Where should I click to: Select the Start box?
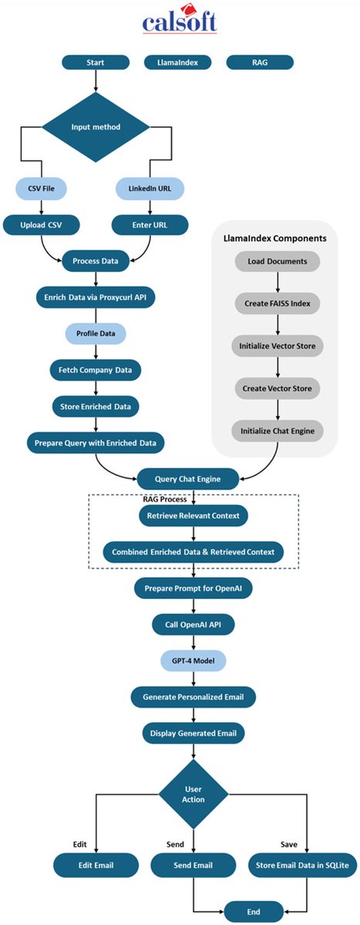tap(96, 62)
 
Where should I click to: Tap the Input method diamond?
tap(96, 126)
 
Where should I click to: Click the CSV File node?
tap(42, 188)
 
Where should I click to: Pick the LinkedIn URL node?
tap(150, 188)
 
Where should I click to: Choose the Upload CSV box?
tap(42, 225)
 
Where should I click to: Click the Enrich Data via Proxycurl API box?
tap(96, 298)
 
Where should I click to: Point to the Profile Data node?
tap(96, 334)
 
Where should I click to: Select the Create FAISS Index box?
tap(278, 304)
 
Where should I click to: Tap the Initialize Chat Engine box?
tap(278, 431)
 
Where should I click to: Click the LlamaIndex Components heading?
tap(275, 238)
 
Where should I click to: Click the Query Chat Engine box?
tap(188, 479)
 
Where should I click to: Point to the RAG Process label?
tap(165, 499)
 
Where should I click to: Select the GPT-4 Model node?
tap(193, 661)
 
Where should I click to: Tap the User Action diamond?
tap(193, 794)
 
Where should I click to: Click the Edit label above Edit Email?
tap(79, 845)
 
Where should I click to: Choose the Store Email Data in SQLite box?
tap(302, 865)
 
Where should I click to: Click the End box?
tap(254, 912)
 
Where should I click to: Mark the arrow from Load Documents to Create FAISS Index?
tap(278, 282)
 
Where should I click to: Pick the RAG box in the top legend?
tap(260, 62)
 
